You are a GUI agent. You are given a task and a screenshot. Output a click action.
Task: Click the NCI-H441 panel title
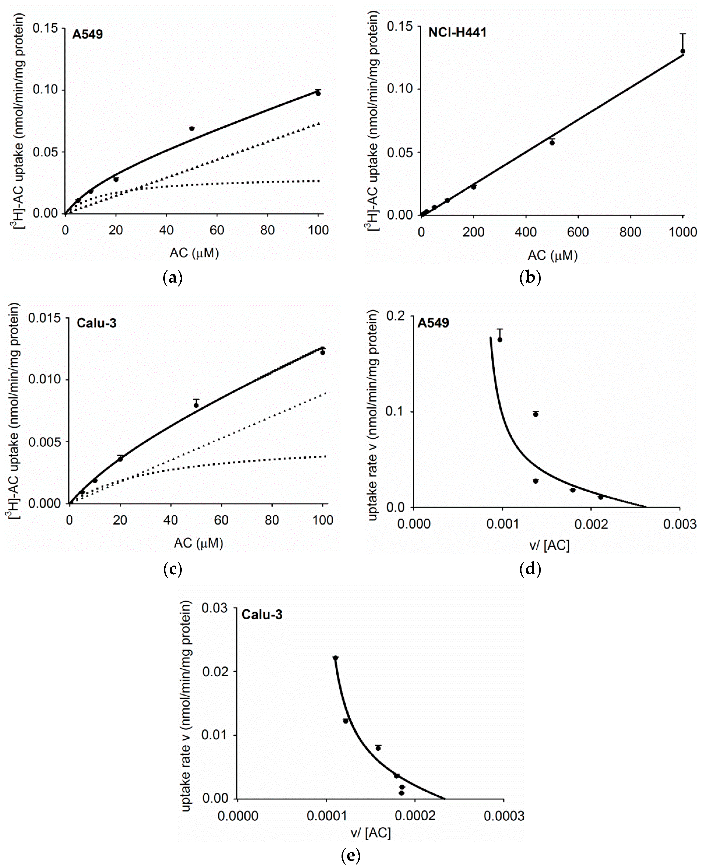click(457, 33)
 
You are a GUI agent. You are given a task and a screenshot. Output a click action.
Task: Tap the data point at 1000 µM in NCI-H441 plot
click(683, 51)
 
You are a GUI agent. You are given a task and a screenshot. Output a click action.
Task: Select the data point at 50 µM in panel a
click(192, 129)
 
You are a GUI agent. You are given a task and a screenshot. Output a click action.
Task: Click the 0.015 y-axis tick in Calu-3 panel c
click(44, 318)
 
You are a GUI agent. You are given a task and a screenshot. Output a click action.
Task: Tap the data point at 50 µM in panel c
click(196, 405)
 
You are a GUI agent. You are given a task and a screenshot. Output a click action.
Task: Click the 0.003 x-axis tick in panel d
click(680, 524)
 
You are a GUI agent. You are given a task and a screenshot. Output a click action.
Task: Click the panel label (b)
click(530, 278)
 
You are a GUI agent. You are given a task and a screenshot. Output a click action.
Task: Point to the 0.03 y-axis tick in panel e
click(215, 608)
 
